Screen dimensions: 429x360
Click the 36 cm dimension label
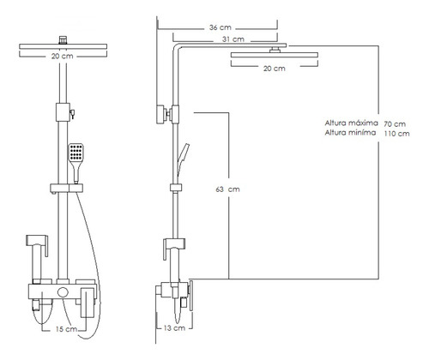point(220,27)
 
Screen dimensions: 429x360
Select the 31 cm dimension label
point(233,39)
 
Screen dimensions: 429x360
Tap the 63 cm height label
point(227,189)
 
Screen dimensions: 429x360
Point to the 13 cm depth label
point(174,328)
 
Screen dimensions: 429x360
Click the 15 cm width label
point(66,329)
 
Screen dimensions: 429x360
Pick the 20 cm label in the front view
point(63,56)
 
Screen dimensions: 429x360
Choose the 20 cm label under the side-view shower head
point(275,69)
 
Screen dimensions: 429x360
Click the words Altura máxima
point(351,123)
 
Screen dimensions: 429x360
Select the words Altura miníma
point(350,133)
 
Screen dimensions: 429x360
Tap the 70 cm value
point(395,124)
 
